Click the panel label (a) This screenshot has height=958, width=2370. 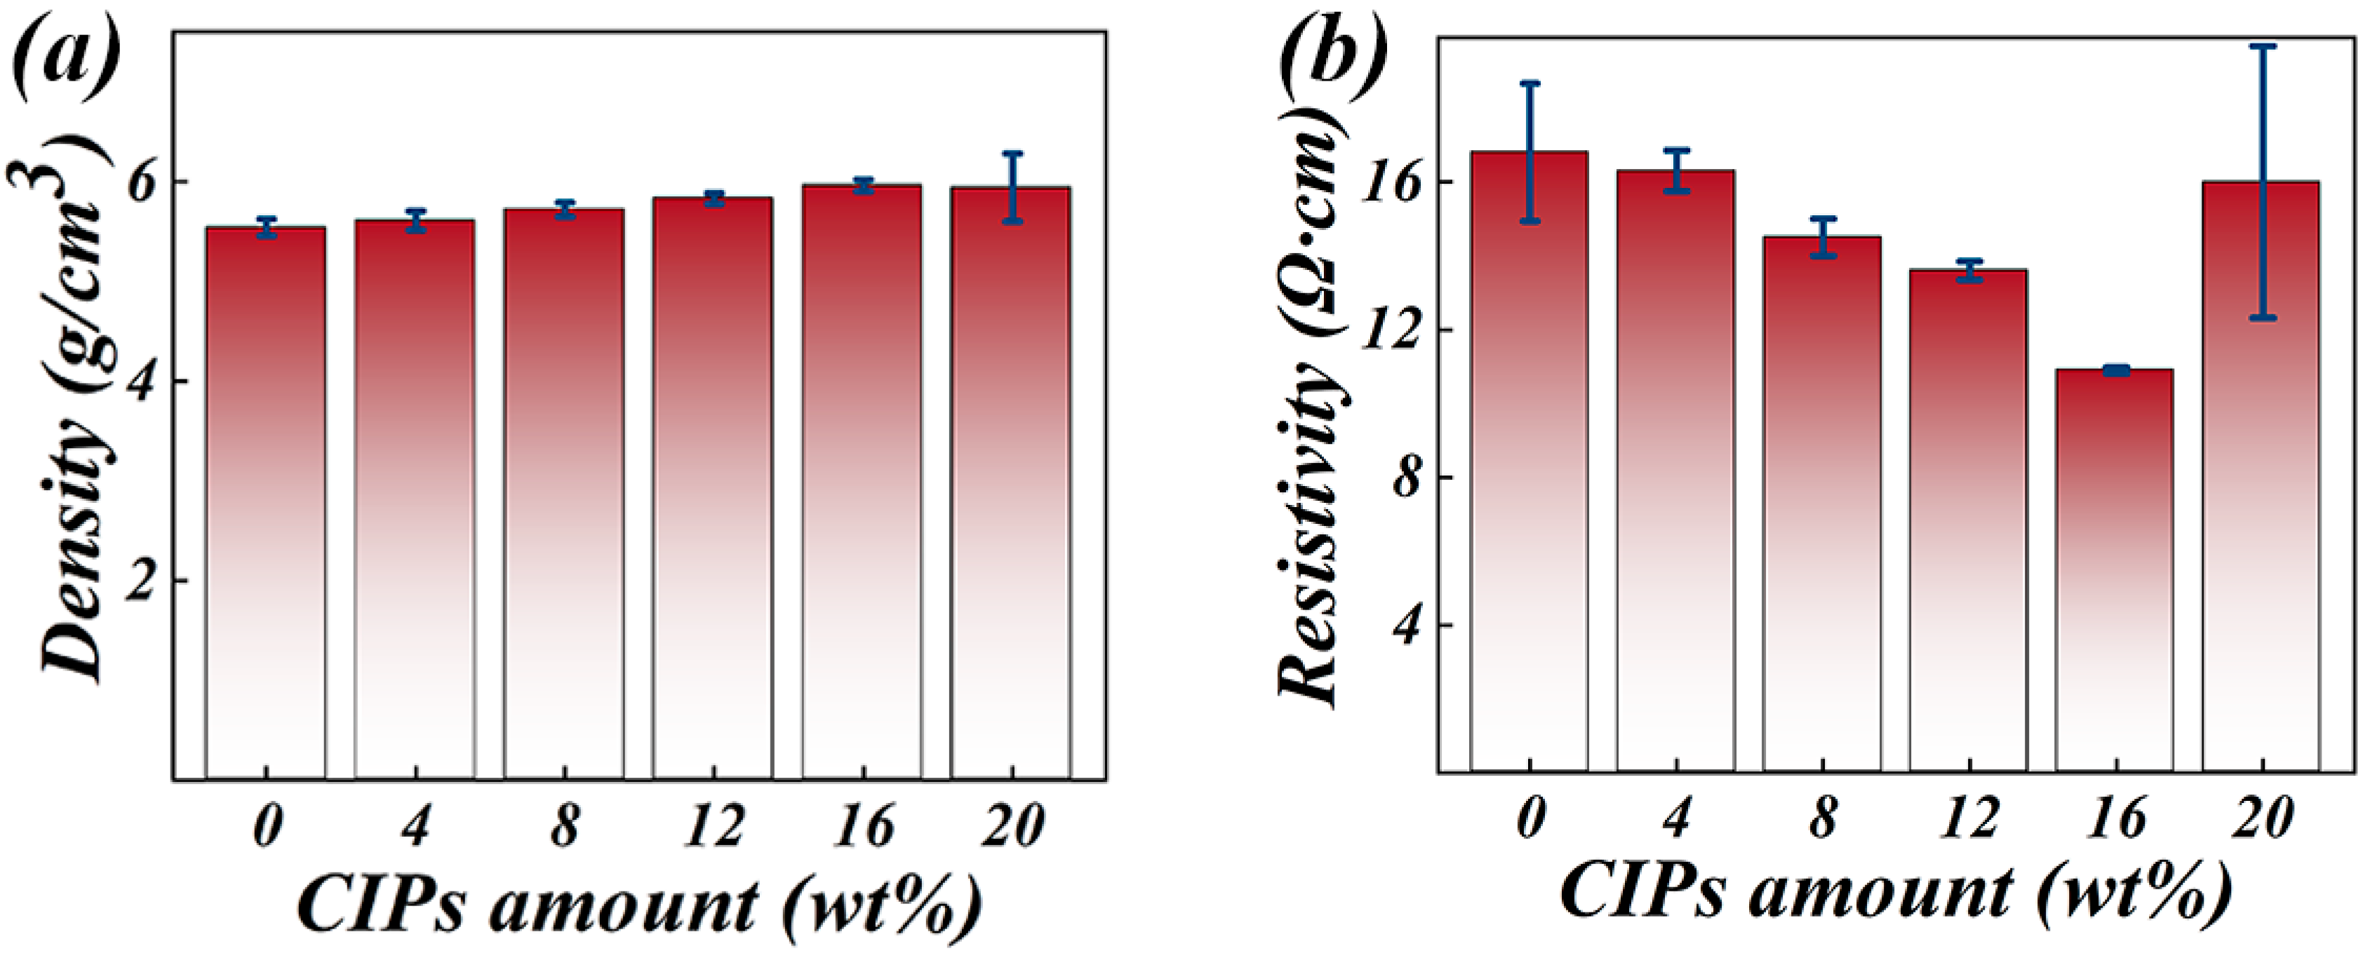(x=66, y=57)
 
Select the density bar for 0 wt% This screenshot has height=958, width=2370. (x=266, y=506)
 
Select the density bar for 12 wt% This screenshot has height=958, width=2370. (x=713, y=487)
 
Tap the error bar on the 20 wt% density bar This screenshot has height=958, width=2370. (x=1012, y=187)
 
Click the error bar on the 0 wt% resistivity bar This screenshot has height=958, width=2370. (x=1530, y=151)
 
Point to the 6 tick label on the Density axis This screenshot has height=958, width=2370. (x=142, y=182)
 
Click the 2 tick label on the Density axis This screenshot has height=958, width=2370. (x=142, y=581)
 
